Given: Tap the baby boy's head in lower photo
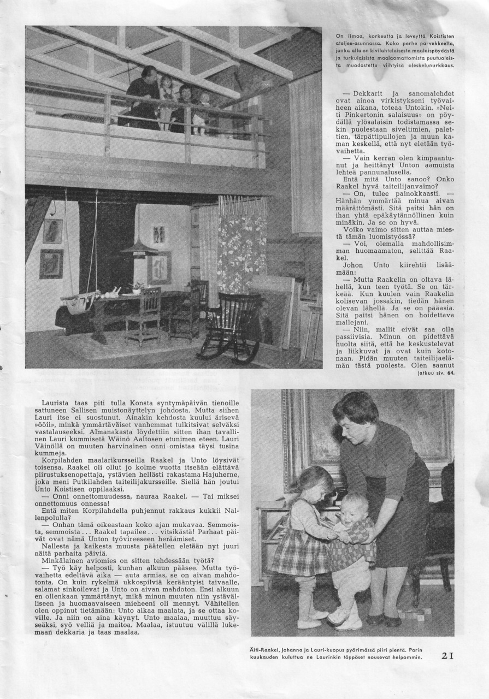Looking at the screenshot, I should coord(354,508).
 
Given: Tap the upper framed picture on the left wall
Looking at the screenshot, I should coord(53,231).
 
